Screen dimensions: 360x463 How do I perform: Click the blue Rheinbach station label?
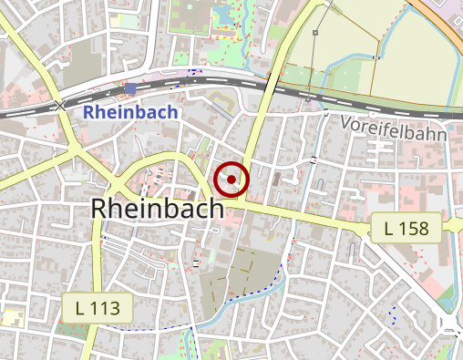point(129,112)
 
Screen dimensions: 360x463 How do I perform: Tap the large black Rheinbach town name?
point(157,209)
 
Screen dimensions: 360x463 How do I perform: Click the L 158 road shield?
point(406,227)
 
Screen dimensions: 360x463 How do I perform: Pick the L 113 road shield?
point(98,308)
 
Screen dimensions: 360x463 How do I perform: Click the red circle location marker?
point(232,179)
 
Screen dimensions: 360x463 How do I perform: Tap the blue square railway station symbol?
point(134,88)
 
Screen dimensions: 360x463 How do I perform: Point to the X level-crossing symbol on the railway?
point(61,106)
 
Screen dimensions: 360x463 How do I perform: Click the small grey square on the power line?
point(314,33)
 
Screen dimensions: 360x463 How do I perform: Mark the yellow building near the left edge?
point(11,317)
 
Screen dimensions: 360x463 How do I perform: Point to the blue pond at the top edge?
point(225,13)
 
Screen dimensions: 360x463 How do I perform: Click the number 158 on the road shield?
point(415,227)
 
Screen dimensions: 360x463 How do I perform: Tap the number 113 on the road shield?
point(106,308)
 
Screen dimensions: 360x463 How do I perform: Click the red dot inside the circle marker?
point(232,179)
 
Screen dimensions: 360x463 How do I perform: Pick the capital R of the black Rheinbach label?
point(100,209)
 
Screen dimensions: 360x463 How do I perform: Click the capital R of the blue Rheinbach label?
point(88,112)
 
